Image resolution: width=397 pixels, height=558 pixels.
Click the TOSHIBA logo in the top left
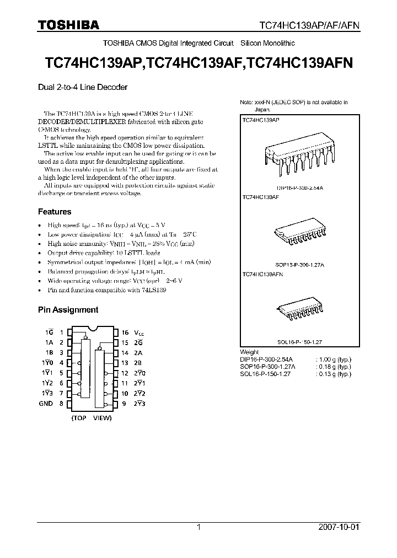[x=68, y=25]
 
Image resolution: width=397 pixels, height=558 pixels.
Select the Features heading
[x=55, y=212]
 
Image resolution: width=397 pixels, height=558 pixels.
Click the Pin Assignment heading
[x=68, y=310]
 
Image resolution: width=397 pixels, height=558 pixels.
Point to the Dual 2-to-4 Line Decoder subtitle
[x=83, y=87]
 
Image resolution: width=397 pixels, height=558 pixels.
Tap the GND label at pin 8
[x=46, y=404]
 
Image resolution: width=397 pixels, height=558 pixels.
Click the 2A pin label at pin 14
[x=138, y=353]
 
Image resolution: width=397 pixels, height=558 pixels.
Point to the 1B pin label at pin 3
[x=49, y=353]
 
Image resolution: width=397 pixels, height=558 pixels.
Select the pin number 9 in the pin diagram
[x=125, y=404]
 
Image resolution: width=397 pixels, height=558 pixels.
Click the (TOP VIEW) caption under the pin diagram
[x=92, y=418]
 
